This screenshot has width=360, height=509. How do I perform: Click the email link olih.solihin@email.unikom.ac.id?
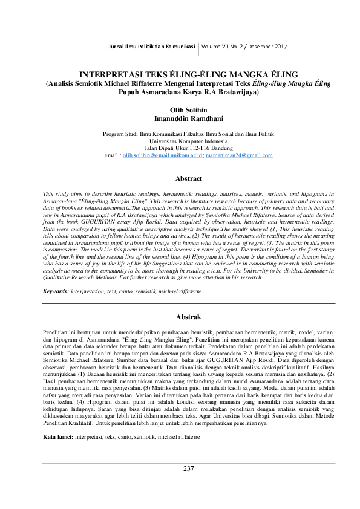[161, 155]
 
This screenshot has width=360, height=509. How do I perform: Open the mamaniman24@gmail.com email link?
[240, 155]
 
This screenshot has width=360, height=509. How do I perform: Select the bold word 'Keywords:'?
[56, 291]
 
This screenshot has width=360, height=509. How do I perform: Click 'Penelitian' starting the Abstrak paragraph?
[56, 332]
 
